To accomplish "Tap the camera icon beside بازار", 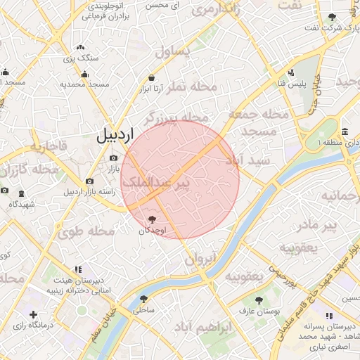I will click(x=113, y=158).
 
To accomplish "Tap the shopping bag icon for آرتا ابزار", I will click(x=151, y=78).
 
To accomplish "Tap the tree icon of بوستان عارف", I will click(x=259, y=300).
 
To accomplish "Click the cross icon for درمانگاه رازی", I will click(x=32, y=314).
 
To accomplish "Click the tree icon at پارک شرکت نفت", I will click(x=331, y=17).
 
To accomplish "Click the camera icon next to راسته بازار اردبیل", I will click(x=89, y=181).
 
